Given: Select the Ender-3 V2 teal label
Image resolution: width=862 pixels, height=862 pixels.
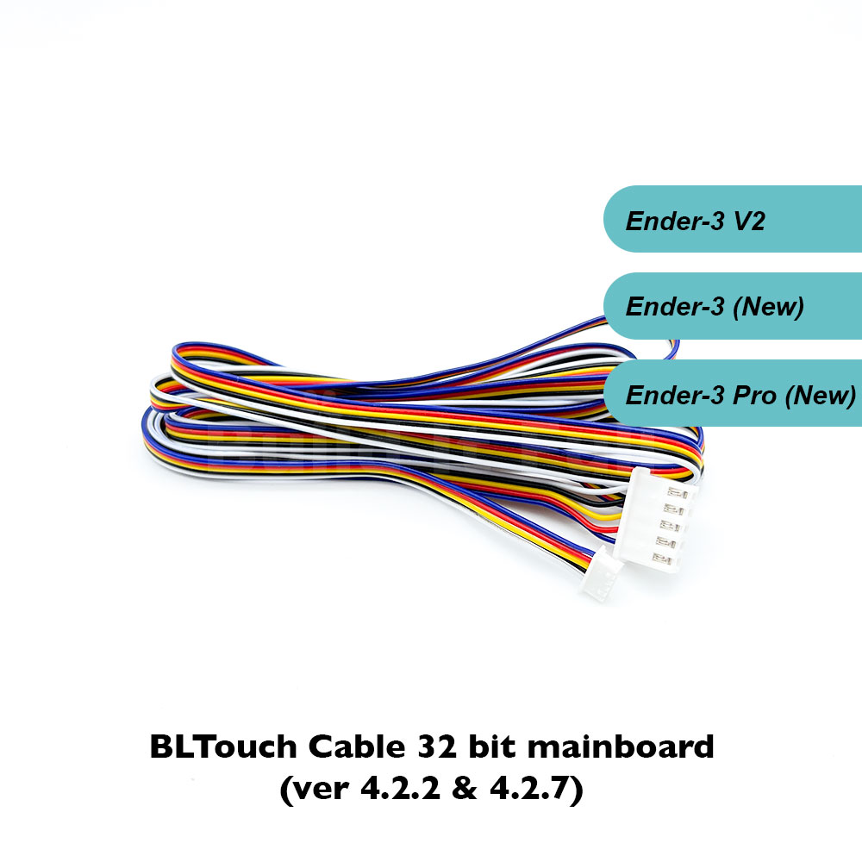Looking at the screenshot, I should coord(733,220).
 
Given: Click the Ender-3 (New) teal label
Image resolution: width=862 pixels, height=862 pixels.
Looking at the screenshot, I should coord(733,307).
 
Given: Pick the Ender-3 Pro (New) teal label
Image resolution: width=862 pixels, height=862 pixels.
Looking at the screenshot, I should coord(733,395).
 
